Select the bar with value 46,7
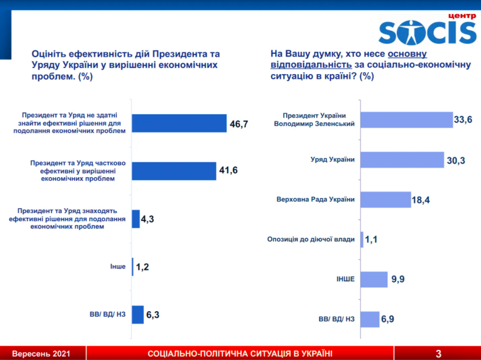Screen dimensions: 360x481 [179, 123]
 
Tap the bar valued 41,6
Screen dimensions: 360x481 [174, 171]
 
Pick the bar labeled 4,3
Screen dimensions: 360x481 [136, 219]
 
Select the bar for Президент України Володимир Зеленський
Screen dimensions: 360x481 [406, 120]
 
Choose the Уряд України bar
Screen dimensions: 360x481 [402, 159]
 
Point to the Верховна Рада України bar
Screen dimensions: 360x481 [386, 199]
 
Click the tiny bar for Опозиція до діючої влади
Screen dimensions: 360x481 [362, 239]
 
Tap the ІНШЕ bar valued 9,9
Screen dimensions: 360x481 [374, 279]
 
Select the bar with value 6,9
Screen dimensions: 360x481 [370, 319]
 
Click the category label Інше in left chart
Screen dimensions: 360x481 [117, 267]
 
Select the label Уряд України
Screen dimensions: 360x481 [332, 159]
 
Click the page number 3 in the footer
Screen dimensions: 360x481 [438, 353]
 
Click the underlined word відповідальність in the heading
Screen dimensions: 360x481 [311, 64]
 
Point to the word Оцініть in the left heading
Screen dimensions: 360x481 [49, 54]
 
